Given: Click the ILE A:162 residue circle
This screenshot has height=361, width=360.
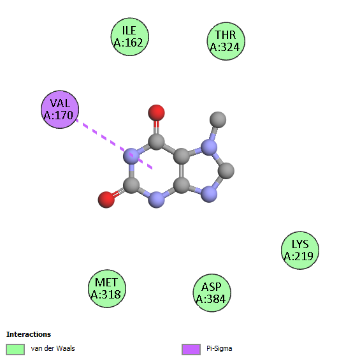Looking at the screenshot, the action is tap(130, 37).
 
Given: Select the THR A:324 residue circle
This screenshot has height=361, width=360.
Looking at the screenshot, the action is tap(226, 41).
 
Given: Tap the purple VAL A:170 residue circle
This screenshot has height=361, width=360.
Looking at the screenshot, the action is tap(60, 110).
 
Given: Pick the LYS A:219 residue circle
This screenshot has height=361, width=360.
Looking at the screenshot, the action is tap(300, 251).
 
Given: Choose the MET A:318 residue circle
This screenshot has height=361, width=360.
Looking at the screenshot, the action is tap(107, 289).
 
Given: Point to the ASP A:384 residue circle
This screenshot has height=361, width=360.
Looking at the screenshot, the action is tap(212, 293).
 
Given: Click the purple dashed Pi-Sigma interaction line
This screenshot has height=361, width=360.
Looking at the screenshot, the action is tap(114, 144).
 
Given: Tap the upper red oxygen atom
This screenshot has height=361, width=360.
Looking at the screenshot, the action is tap(156, 113).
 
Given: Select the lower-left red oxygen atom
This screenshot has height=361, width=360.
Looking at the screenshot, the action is tap(106, 200).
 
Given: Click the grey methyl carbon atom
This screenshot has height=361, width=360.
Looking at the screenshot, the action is tap(218, 119).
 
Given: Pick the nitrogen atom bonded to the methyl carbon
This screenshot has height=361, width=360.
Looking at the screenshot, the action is tap(209, 147).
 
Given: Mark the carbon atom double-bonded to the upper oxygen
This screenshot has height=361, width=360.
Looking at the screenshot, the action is tap(156, 142).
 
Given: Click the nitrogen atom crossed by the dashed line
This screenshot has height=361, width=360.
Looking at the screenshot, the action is tap(131, 156).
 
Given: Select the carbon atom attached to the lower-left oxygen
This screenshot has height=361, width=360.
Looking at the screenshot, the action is tap(131, 185).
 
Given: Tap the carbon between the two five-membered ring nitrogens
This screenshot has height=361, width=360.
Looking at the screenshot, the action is tap(226, 170).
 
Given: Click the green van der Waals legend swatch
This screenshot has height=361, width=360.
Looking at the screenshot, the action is tap(15, 350).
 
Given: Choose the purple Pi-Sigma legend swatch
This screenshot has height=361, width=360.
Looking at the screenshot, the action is tap(191, 350).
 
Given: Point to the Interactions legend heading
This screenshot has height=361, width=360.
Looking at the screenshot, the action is tap(29, 334).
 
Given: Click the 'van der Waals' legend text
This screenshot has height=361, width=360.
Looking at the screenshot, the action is tap(53, 348).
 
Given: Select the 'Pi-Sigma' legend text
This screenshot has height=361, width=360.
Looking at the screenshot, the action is tap(219, 349).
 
